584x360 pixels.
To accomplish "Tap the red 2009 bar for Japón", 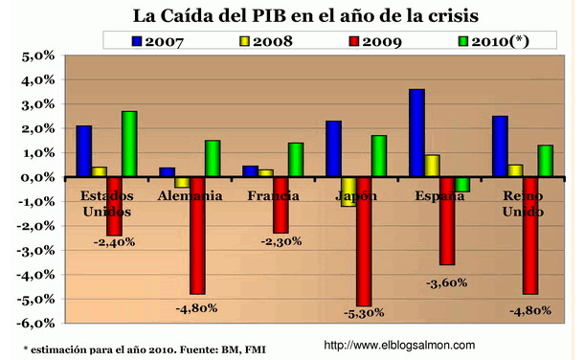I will click(x=365, y=240).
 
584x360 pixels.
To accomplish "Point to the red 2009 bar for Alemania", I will click(x=198, y=235).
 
